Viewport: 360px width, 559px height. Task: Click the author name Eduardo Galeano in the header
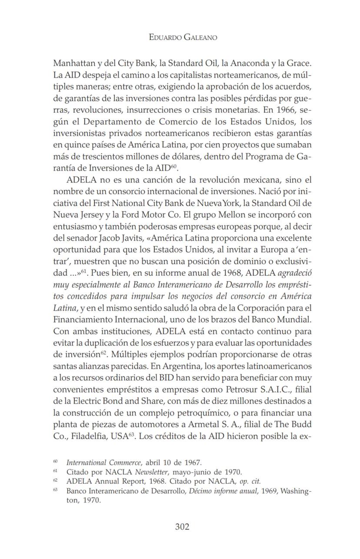[183, 37]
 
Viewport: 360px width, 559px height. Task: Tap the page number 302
[182, 527]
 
